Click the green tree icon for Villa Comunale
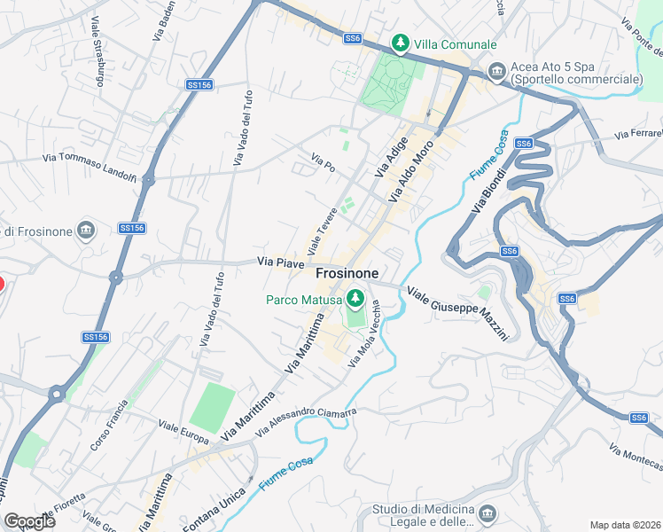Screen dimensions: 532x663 tap(401, 43)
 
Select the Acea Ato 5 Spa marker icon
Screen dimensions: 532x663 tap(496, 69)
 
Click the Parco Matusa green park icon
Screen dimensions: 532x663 tap(355, 299)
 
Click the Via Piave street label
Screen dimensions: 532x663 tap(281, 262)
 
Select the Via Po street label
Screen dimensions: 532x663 tap(322, 161)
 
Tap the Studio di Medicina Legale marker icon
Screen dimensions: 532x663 tap(486, 513)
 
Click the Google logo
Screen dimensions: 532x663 tap(30, 520)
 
